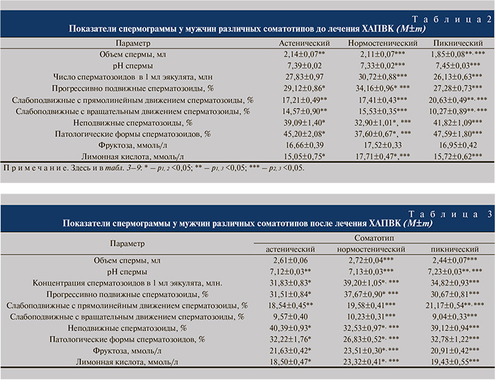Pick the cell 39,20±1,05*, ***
(x=375, y=282)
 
